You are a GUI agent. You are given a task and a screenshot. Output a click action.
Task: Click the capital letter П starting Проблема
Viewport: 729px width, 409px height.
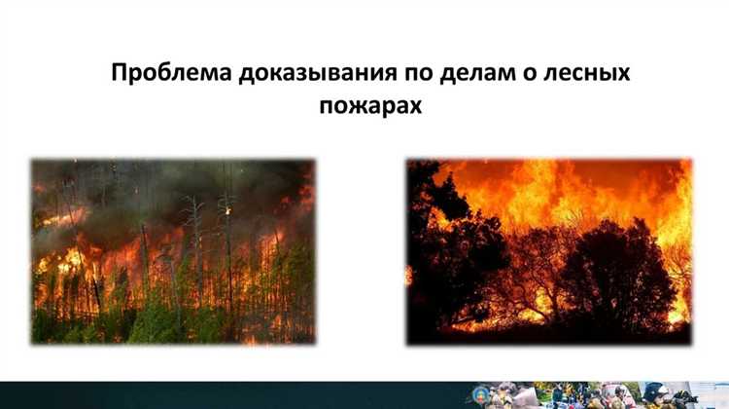120,75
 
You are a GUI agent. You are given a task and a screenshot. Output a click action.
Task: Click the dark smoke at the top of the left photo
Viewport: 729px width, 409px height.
146,180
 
